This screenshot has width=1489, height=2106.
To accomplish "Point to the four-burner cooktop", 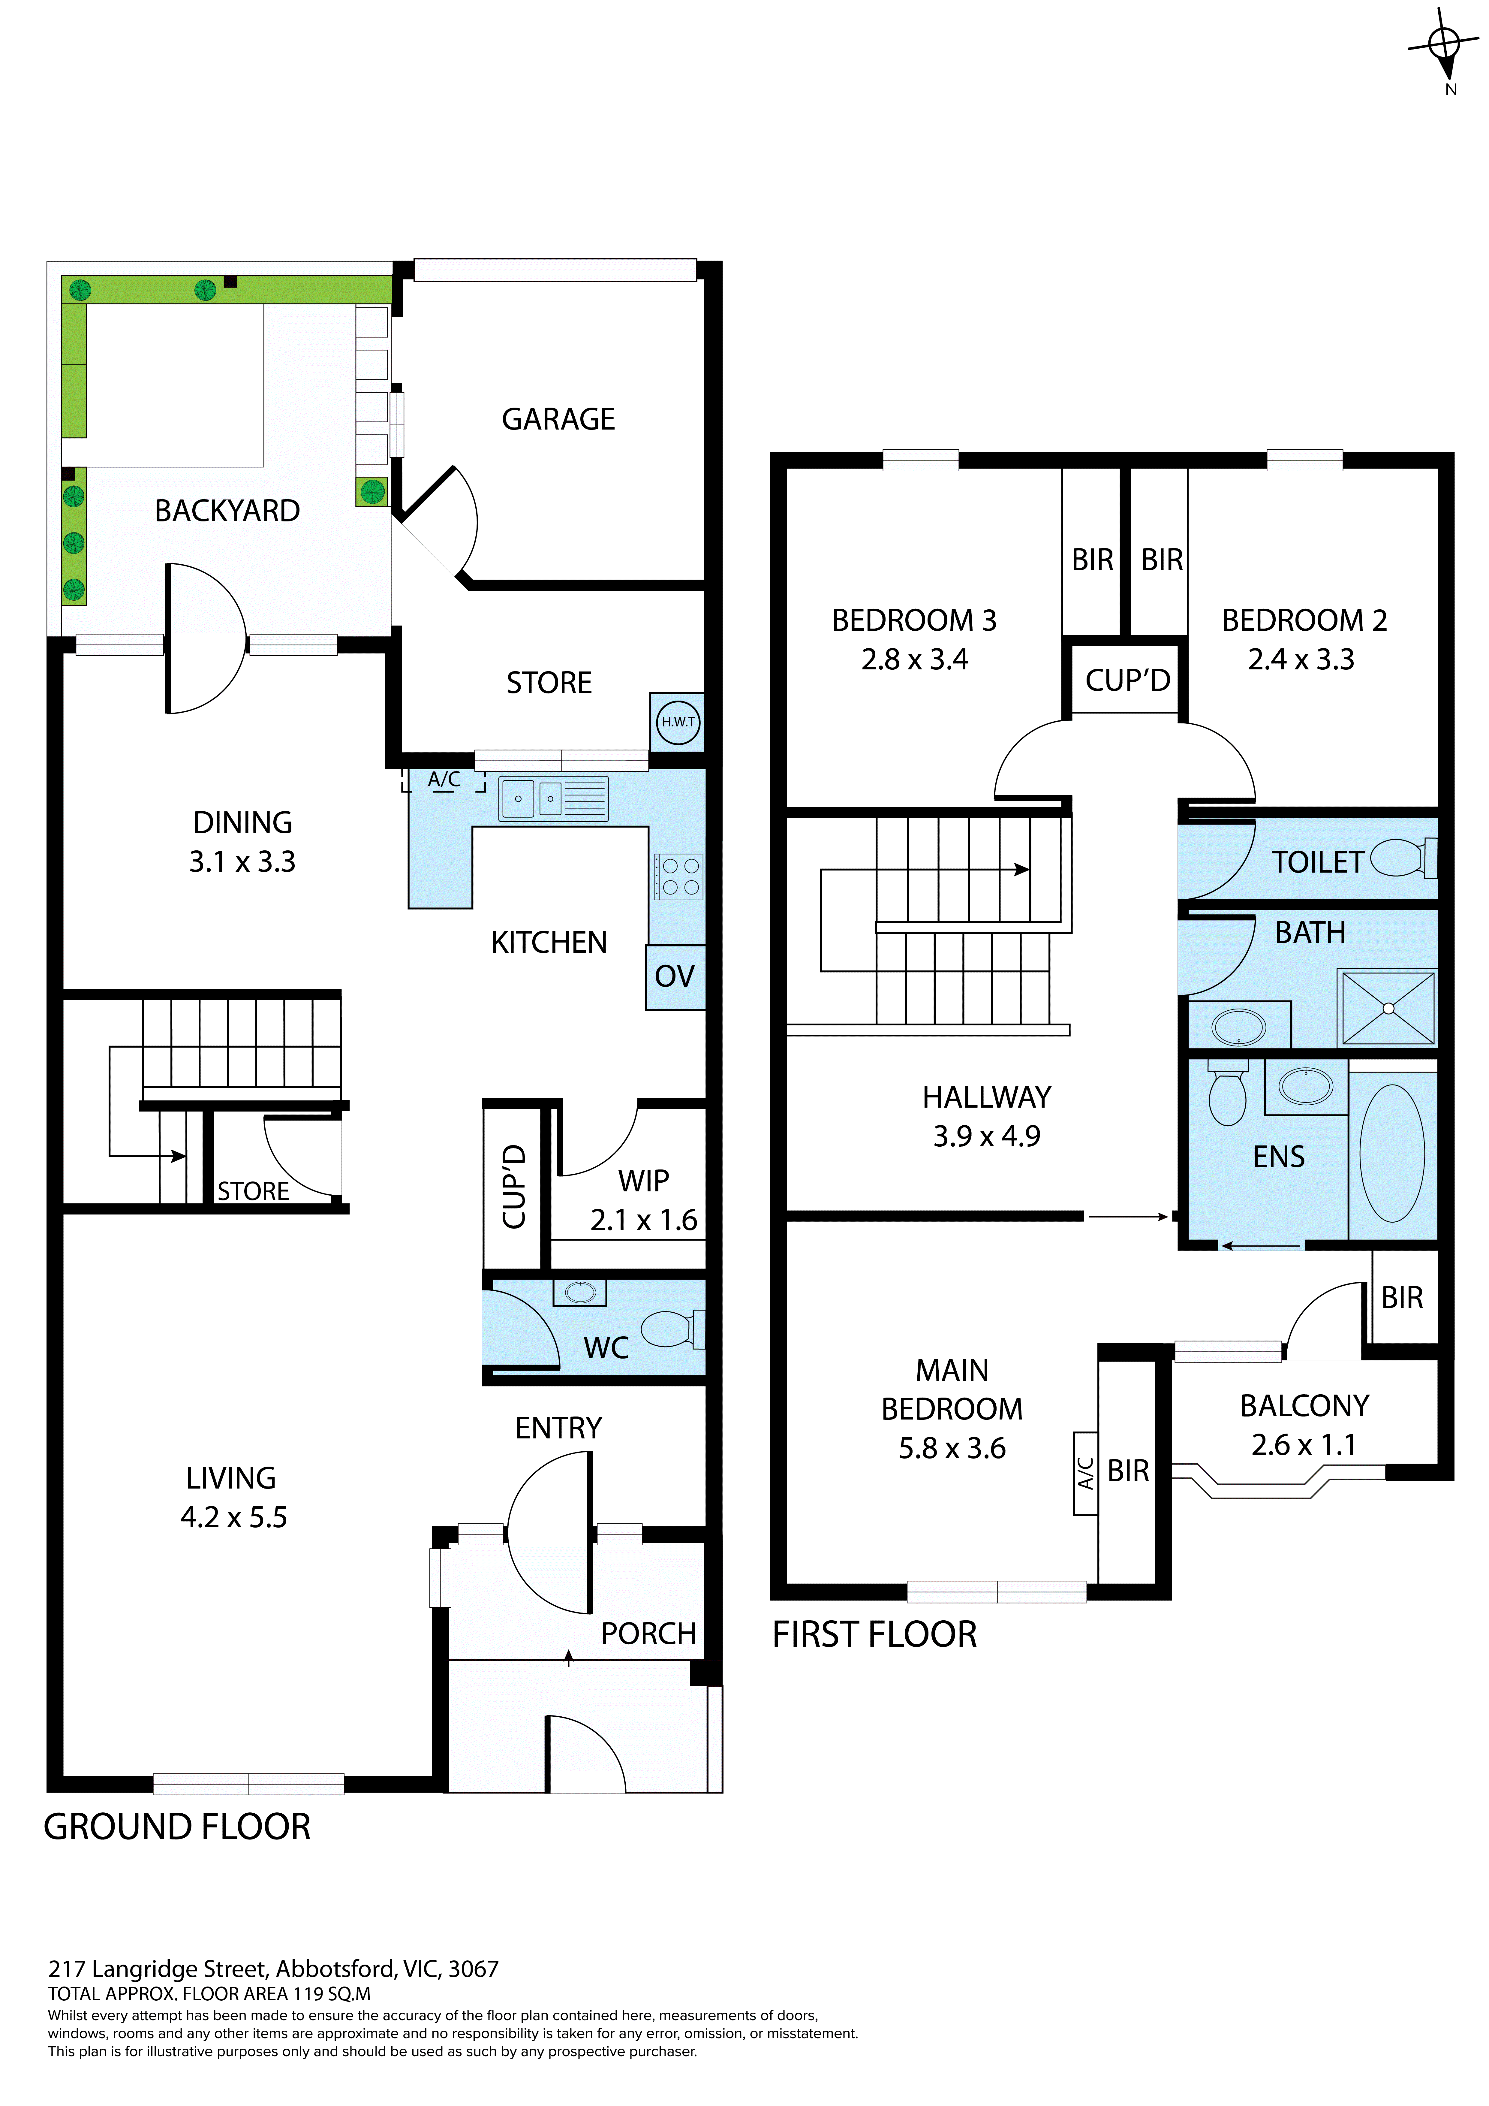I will click(678, 876).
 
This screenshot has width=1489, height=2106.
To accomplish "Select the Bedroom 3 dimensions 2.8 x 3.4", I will click(914, 659).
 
